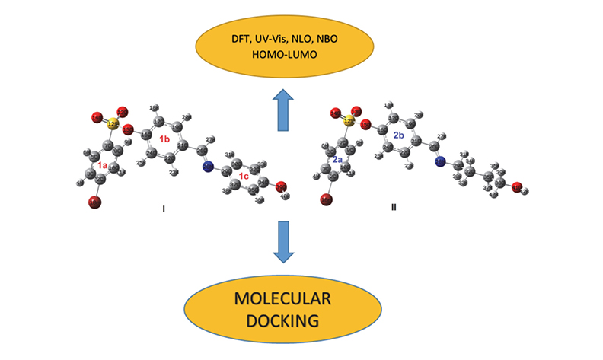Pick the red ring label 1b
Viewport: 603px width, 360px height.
click(x=164, y=139)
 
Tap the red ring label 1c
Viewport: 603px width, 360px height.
click(x=244, y=176)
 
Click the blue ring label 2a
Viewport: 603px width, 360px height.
click(x=337, y=160)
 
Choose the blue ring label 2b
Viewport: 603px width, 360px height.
click(x=398, y=135)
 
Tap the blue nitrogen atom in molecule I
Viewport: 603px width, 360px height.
click(x=207, y=166)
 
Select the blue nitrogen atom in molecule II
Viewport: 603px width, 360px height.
click(x=440, y=161)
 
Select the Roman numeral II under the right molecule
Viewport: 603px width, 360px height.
click(x=394, y=206)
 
